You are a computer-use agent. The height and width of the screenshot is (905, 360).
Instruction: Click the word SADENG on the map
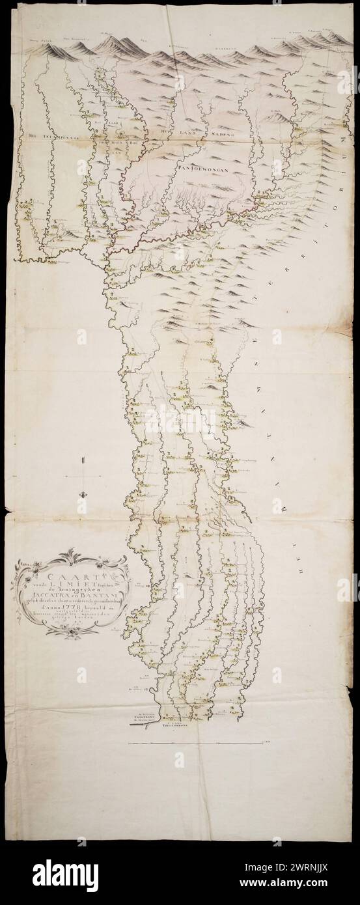[x=221, y=133]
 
